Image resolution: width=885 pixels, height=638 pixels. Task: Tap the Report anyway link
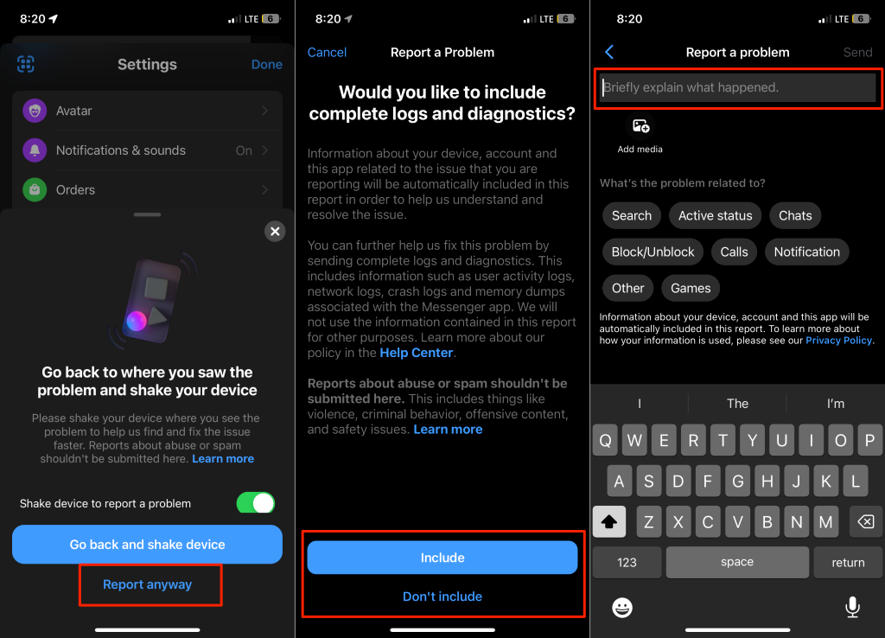pos(147,584)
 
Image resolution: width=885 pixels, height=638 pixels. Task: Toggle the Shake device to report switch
pos(256,502)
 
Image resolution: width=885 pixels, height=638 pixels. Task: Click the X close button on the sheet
pos(275,231)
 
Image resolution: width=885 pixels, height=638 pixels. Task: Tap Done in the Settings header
pos(267,64)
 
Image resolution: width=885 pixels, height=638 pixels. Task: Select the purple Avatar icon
pos(35,111)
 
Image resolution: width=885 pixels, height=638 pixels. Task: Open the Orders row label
pos(76,189)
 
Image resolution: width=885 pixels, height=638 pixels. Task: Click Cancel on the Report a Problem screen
pos(327,53)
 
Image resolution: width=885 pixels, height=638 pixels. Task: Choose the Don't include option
pos(442,597)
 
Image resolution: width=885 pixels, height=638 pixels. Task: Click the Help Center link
pos(417,353)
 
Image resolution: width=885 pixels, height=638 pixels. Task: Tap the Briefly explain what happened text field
pos(738,87)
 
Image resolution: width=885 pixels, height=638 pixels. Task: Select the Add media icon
pos(640,125)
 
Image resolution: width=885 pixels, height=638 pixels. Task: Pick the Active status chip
pos(715,215)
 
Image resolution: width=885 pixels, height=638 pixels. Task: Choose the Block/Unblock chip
pos(653,252)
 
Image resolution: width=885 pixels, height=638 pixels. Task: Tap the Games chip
pos(691,288)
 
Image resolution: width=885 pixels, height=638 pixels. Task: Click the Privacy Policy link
pos(838,341)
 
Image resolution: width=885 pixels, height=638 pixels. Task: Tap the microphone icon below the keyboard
pos(852,607)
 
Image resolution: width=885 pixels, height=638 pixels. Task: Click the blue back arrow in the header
pos(609,52)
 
